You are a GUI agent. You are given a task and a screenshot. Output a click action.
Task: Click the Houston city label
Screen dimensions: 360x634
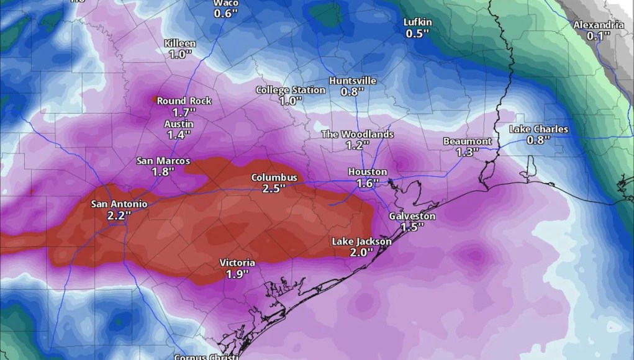tap(368, 172)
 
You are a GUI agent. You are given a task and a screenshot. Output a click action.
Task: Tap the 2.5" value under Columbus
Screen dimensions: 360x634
tap(274, 189)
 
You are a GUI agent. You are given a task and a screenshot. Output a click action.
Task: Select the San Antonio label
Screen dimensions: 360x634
tap(119, 204)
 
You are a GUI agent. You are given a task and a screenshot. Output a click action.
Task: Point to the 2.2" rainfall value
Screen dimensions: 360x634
tap(119, 215)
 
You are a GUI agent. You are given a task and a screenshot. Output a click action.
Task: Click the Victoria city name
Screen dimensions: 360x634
tap(237, 263)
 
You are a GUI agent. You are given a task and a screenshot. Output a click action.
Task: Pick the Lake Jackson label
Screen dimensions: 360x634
tap(361, 241)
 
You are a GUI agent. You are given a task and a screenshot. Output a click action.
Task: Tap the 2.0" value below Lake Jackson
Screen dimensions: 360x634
tap(361, 253)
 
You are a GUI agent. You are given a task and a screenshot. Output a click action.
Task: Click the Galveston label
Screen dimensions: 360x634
tap(412, 216)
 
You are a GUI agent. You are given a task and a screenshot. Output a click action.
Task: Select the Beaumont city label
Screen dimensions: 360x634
tap(467, 141)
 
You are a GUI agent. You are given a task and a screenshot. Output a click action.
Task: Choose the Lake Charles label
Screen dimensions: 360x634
tap(538, 129)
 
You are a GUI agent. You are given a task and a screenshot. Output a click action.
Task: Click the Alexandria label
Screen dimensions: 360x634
tap(598, 25)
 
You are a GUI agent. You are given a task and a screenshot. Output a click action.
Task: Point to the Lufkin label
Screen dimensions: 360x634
tap(417, 22)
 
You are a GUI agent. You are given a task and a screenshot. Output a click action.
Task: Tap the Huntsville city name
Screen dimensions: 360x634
tap(353, 81)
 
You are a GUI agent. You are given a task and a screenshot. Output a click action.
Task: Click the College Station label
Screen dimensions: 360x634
tap(291, 90)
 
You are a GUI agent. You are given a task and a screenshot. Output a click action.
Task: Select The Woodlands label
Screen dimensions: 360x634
tap(357, 134)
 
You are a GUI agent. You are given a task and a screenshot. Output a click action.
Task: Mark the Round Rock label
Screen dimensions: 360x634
tap(184, 101)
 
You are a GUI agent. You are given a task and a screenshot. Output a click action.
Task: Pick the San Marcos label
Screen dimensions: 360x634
tap(163, 161)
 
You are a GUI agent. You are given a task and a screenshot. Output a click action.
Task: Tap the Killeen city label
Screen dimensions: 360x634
tap(180, 43)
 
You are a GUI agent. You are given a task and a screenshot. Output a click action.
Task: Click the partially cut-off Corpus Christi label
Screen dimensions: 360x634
tap(204, 357)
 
